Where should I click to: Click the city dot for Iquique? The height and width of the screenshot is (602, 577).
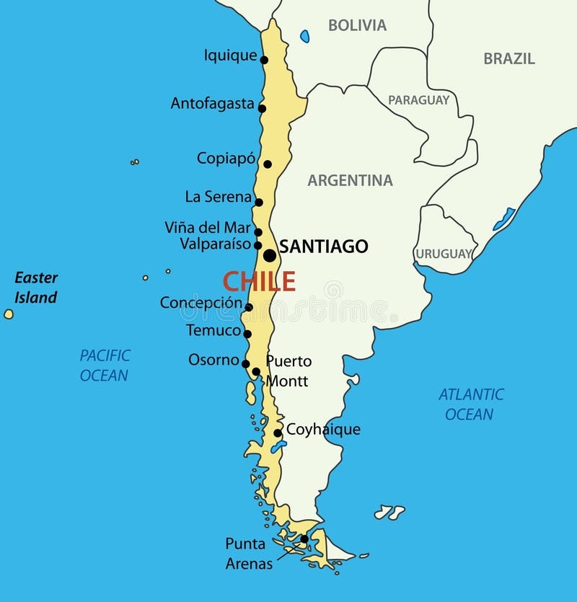264,60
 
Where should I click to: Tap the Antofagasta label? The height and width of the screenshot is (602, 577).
212,104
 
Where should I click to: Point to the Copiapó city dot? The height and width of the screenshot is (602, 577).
268,164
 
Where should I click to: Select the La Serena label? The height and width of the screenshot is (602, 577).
219,197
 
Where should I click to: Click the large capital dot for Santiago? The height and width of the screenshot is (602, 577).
269,256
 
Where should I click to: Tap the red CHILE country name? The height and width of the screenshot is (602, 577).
259,280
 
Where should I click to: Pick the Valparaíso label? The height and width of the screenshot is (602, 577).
216,244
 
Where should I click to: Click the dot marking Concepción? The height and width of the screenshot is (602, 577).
248,307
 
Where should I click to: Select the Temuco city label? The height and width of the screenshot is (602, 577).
213,331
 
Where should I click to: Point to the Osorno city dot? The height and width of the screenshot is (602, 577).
246,363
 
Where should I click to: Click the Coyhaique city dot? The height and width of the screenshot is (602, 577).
278,433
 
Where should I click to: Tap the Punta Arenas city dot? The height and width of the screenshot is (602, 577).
304,539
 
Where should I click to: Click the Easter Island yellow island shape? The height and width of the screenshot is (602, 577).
9,314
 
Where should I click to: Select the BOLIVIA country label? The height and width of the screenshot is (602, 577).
357,25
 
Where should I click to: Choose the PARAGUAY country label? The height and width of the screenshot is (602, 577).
418,101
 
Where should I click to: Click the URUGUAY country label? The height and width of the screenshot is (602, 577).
443,254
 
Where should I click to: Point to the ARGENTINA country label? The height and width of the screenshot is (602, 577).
350,181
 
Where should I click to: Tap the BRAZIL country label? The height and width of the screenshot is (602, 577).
509,59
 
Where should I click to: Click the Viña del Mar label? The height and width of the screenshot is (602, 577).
208,228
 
